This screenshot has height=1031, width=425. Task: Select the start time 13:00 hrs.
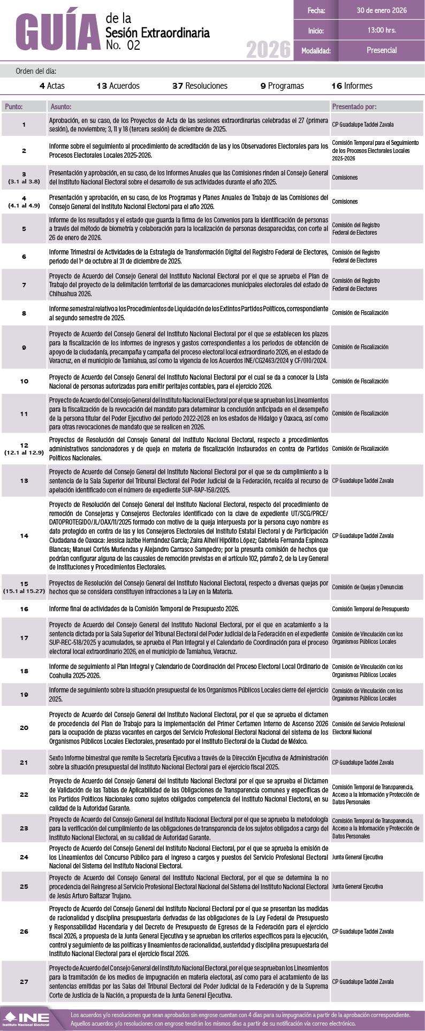tap(381, 30)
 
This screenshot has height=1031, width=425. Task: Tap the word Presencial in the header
tap(381, 50)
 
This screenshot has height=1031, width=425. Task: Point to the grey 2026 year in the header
tap(268, 50)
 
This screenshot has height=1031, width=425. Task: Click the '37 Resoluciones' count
tap(200, 86)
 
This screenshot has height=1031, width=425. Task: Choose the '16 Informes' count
tap(352, 86)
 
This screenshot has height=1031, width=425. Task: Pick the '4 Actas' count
tap(52, 86)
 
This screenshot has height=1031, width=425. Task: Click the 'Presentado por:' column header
tap(354, 107)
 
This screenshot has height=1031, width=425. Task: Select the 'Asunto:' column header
tap(60, 107)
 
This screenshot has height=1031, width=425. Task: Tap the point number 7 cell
tap(24, 285)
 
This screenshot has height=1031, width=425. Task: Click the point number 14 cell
tap(24, 536)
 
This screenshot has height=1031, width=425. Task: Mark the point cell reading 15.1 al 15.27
tap(24, 587)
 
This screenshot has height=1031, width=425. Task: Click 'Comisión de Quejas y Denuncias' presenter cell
tap(367, 587)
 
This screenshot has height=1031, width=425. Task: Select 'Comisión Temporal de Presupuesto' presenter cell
tap(370, 609)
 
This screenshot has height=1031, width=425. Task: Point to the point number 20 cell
tap(24, 728)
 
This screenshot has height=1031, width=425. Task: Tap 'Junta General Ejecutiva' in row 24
tap(357, 857)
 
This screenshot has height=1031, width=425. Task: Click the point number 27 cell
tap(24, 982)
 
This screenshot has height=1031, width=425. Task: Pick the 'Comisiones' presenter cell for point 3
tap(345, 178)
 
